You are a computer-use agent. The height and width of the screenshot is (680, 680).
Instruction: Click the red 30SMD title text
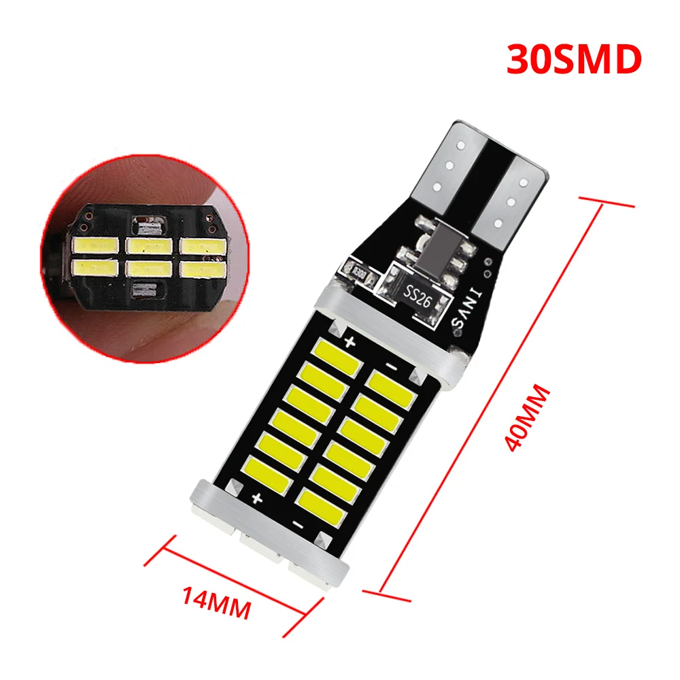(x=573, y=59)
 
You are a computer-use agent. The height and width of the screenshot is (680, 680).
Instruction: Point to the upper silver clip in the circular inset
(x=150, y=222)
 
